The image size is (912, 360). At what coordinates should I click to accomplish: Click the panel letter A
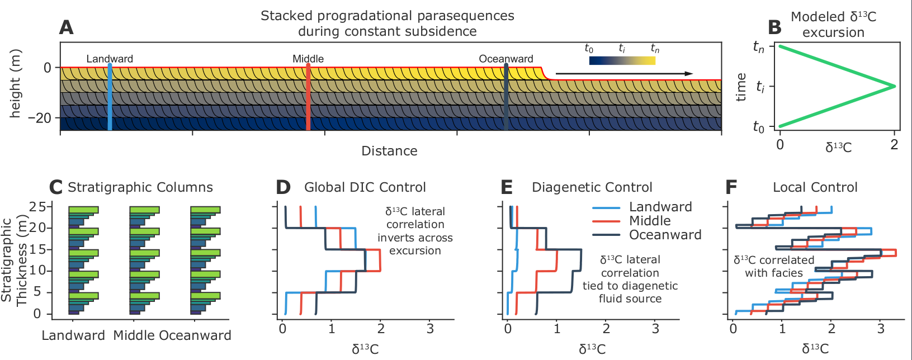click(66, 28)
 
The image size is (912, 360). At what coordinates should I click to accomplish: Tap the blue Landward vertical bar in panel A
click(110, 97)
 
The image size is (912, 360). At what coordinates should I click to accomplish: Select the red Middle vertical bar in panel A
click(308, 97)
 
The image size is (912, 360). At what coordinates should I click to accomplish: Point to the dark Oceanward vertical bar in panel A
click(506, 97)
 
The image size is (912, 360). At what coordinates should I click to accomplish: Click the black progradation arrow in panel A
click(624, 74)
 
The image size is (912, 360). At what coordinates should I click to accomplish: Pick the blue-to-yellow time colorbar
click(622, 61)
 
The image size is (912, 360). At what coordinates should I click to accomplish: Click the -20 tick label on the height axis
click(40, 118)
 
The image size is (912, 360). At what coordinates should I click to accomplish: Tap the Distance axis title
click(389, 151)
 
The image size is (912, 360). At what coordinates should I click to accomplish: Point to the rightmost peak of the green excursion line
click(895, 86)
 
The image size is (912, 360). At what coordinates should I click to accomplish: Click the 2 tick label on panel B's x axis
click(894, 145)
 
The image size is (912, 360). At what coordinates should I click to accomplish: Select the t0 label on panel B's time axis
click(758, 127)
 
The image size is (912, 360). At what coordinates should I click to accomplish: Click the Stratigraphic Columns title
click(140, 187)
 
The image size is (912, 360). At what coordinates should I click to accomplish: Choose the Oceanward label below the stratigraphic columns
click(195, 335)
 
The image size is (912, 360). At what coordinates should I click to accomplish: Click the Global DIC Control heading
click(365, 187)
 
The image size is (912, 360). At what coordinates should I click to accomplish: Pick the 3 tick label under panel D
click(430, 329)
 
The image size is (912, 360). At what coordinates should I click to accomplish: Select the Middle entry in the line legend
click(650, 221)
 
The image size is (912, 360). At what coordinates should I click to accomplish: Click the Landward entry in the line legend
click(660, 207)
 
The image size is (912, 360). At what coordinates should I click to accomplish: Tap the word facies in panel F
click(788, 273)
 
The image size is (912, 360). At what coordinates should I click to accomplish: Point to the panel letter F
click(731, 187)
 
